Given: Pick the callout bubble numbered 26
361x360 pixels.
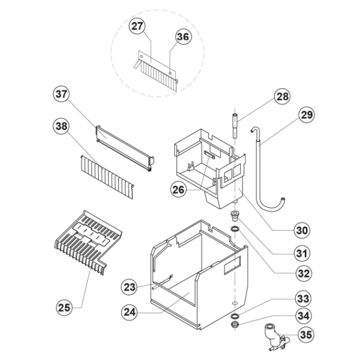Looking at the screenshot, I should tap(179, 189).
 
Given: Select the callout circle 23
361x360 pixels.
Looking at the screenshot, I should tap(129, 287).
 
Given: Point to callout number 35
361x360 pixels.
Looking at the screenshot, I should tap(305, 335).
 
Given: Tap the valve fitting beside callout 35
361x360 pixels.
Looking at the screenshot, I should tap(273, 337).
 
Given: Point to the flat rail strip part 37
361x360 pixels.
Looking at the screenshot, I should tap(123, 146).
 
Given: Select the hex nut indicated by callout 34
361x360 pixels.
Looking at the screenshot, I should tap(235, 325).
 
